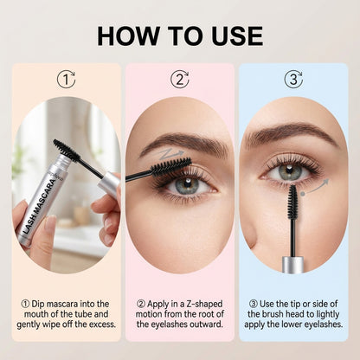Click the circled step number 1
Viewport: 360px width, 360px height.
pos(67,80)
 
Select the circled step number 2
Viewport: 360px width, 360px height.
pos(180,80)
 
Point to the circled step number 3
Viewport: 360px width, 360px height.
pos(293,80)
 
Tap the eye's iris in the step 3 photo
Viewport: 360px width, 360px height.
pos(289,171)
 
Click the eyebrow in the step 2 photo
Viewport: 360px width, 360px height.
pos(178,141)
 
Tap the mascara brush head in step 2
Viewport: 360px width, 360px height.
pos(168,165)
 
